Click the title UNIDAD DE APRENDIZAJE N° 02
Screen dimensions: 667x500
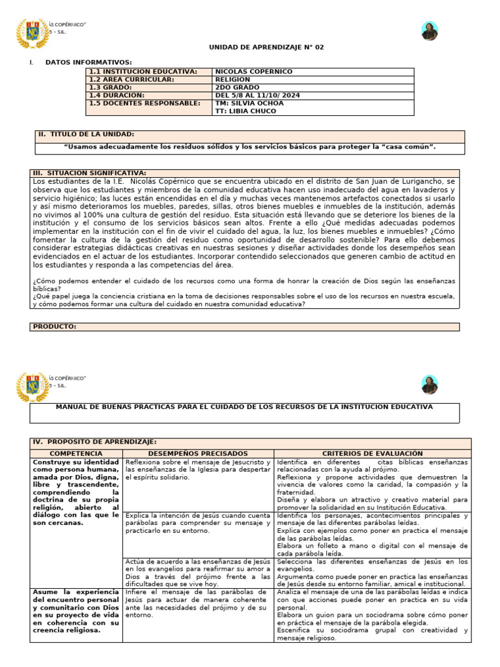pos(257,48)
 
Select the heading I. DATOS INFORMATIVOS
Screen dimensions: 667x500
pos(88,62)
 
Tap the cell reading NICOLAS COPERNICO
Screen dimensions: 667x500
pos(254,72)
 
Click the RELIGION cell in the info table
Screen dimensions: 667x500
pos(232,79)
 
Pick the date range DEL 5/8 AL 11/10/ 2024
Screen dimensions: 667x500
pos(257,95)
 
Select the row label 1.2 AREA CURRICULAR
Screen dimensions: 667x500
pos(132,79)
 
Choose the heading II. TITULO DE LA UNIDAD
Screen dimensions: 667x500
pos(86,134)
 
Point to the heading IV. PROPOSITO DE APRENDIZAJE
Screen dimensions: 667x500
pos(94,442)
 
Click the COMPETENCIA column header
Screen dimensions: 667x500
pos(76,453)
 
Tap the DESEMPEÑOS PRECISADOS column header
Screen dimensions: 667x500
pos(198,453)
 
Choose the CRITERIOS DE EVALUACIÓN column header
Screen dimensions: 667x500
pos(372,453)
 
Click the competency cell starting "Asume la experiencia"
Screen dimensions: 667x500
pos(76,611)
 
